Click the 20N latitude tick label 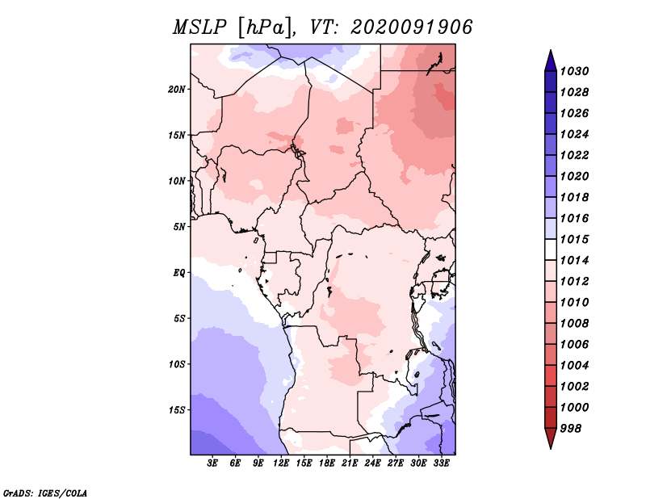(x=177, y=90)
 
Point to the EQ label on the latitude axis (x=179, y=273)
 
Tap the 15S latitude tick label (x=177, y=410)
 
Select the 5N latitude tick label (x=179, y=227)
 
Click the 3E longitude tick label (x=212, y=463)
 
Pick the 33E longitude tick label (x=441, y=463)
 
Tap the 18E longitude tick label (x=327, y=463)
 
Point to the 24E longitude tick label (x=372, y=463)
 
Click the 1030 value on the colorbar (x=574, y=71)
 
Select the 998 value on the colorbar (x=571, y=429)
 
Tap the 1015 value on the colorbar (x=574, y=239)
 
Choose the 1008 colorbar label (x=574, y=324)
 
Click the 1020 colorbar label (x=574, y=176)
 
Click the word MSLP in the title (x=199, y=27)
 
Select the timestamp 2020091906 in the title (x=412, y=27)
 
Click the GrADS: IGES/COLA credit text (x=45, y=493)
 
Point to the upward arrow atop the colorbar (x=551, y=61)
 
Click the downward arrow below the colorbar (x=551, y=438)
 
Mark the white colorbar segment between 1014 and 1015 (x=551, y=249)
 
